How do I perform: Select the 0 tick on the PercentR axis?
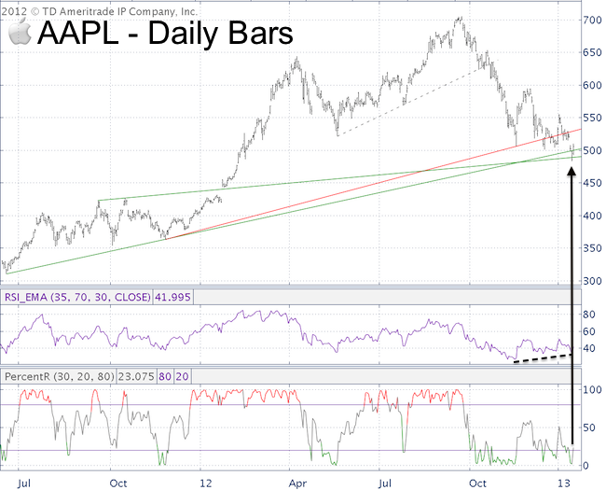coord(586,465)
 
